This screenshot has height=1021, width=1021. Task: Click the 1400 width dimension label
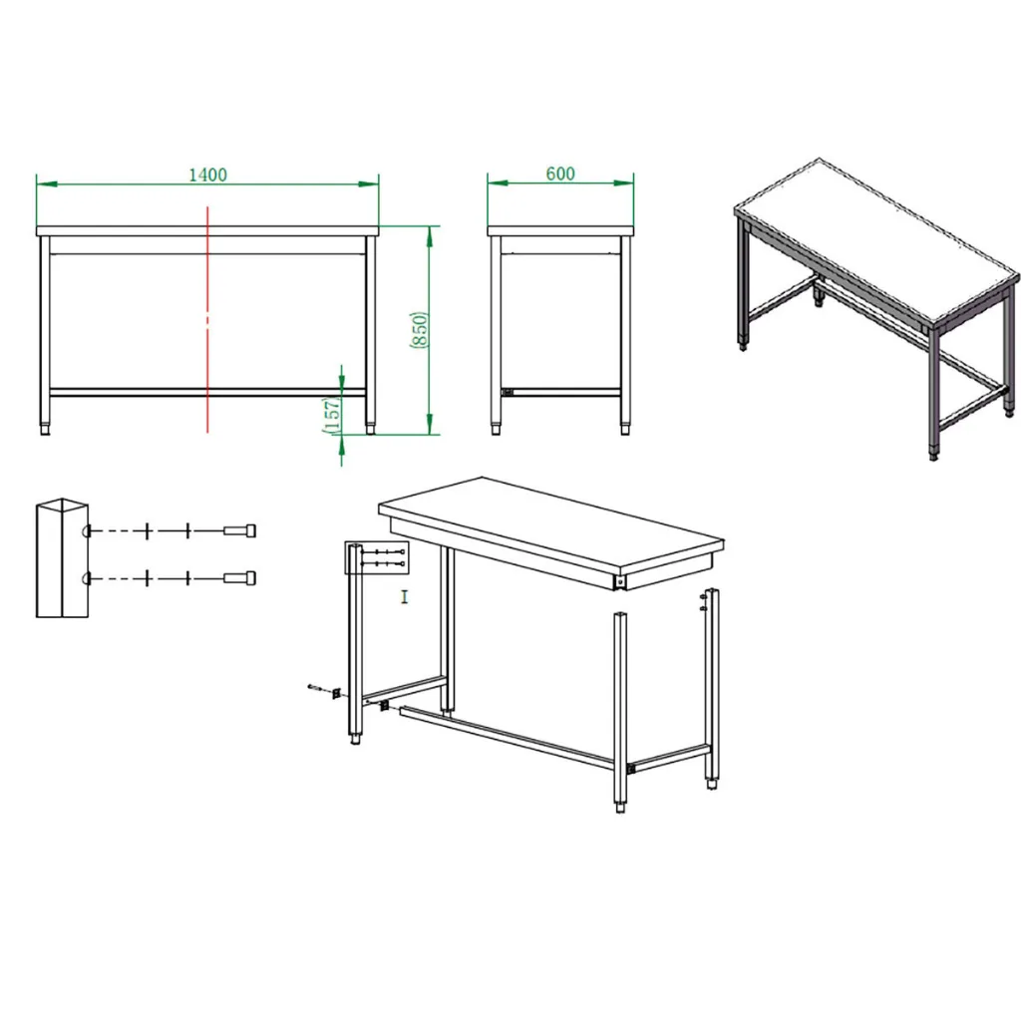click(207, 174)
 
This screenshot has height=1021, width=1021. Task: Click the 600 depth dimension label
click(560, 173)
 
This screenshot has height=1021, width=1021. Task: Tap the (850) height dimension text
click(420, 329)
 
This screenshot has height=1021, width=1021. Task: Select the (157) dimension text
click(331, 415)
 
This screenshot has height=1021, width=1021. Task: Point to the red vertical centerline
click(207, 319)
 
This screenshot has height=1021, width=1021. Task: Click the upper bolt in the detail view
click(239, 530)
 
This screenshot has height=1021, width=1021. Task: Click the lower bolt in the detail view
click(239, 577)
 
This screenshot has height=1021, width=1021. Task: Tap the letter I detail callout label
click(405, 596)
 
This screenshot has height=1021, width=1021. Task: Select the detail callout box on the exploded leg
click(376, 557)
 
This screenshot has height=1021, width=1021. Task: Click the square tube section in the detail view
click(62, 558)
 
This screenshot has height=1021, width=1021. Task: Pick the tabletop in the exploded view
click(550, 527)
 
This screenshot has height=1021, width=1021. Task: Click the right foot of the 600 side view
click(626, 429)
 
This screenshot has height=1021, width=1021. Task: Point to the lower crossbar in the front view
click(207, 392)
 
